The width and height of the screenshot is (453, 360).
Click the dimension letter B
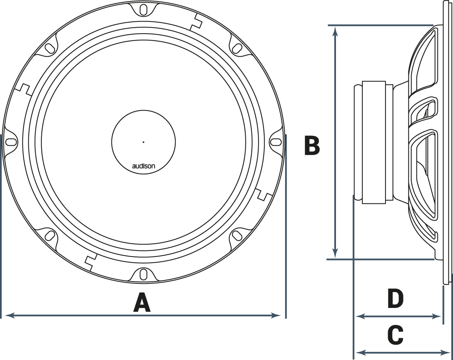(x=312, y=146)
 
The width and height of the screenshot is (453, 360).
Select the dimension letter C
(x=396, y=335)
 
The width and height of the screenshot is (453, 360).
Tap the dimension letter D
(x=396, y=299)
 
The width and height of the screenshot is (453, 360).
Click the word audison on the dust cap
(x=143, y=166)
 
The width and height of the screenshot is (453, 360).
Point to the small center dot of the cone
(x=143, y=142)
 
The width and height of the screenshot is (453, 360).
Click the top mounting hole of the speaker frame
(x=143, y=9)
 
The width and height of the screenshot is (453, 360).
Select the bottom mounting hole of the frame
(x=143, y=274)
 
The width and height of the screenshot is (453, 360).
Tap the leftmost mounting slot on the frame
(x=11, y=142)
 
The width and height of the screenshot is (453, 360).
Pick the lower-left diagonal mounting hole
(x=49, y=235)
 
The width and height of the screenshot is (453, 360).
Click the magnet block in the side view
(x=374, y=142)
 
